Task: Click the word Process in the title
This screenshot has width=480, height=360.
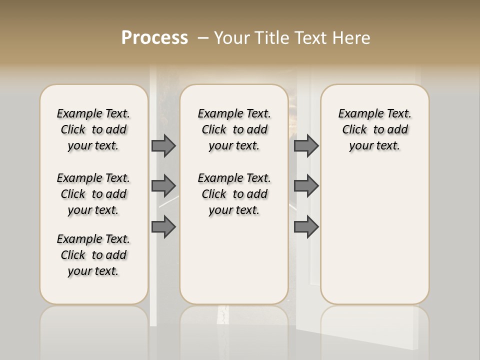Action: (154, 38)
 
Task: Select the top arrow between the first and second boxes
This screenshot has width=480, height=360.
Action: (163, 145)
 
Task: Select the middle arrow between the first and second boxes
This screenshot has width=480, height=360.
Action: (163, 186)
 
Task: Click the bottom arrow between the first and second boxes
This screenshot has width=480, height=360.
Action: (163, 226)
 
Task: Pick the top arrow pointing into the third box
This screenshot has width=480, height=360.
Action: (306, 145)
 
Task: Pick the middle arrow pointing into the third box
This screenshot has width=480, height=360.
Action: (306, 186)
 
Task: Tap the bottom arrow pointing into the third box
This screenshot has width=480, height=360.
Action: (306, 226)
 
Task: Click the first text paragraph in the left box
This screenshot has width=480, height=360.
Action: (93, 129)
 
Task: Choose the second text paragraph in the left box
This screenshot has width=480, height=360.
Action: (93, 194)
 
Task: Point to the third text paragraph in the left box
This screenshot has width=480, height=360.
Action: (93, 255)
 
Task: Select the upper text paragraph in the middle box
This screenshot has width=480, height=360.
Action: (234, 129)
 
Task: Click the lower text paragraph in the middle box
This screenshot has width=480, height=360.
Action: (234, 194)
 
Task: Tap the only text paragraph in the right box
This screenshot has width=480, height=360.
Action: (374, 129)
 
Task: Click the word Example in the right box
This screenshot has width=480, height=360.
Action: (357, 113)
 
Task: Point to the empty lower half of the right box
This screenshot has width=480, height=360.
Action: (374, 240)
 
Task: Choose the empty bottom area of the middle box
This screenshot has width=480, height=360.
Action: (234, 265)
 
